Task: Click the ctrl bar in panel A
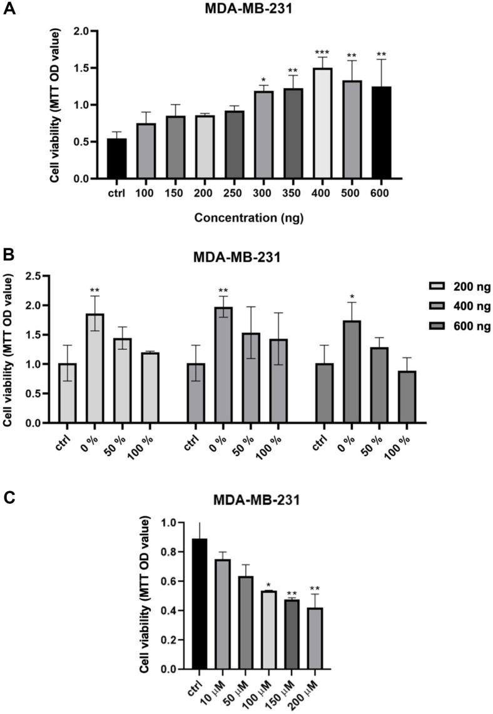(x=116, y=159)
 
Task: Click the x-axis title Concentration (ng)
(x=248, y=218)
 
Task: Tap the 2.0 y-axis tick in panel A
(x=83, y=31)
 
